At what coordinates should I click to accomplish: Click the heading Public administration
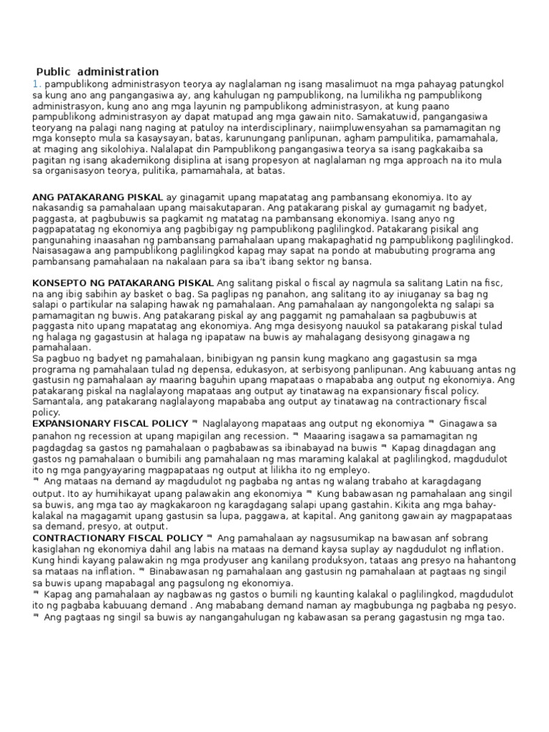tap(97, 71)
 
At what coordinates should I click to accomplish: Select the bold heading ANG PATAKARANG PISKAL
tap(98, 197)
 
